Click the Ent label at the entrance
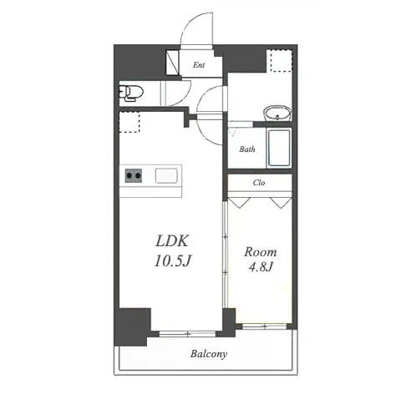(199, 65)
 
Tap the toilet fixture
(131, 93)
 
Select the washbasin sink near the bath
(277, 114)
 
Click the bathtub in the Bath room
(279, 148)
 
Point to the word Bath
(247, 149)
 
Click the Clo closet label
(259, 183)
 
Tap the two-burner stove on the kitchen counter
(134, 175)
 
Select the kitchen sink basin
(166, 176)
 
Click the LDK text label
(172, 241)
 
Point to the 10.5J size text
(173, 260)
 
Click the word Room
(261, 252)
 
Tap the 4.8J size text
(261, 267)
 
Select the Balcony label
(209, 354)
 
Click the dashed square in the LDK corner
(129, 122)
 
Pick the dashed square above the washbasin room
(279, 61)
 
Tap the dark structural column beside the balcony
(132, 326)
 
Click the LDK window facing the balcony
(187, 334)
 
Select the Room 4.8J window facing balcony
(264, 326)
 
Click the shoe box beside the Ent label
(172, 63)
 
